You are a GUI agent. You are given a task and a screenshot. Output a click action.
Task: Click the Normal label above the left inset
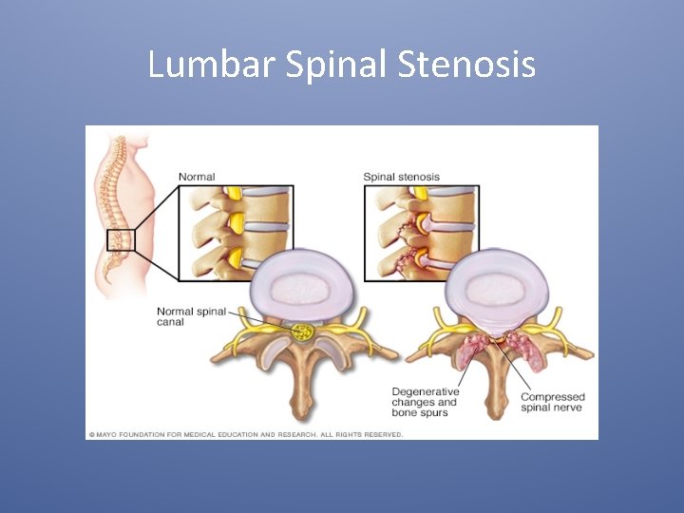click(x=197, y=177)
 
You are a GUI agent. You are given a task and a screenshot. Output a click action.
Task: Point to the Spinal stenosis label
click(x=401, y=177)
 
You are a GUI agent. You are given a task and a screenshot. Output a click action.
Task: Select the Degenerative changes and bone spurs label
click(x=425, y=402)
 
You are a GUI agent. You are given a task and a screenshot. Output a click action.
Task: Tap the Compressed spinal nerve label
click(x=552, y=402)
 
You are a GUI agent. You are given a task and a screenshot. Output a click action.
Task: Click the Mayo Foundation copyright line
click(x=246, y=434)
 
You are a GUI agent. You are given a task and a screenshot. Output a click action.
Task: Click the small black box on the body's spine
click(x=121, y=240)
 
